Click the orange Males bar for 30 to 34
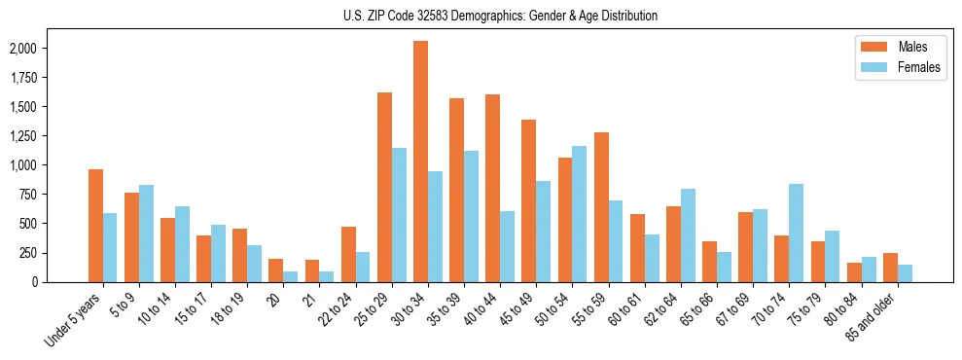(x=420, y=162)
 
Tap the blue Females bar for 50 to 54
(x=580, y=214)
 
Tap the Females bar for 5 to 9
(x=146, y=234)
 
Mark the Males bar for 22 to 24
(x=348, y=254)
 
